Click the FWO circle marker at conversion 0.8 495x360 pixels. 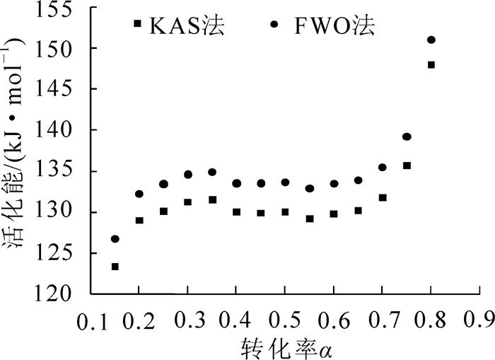pos(431,40)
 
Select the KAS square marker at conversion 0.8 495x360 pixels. pos(431,64)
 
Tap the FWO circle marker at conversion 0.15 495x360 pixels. pos(115,239)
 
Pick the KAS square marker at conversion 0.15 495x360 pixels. pos(115,267)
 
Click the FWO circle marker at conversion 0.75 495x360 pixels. pos(407,137)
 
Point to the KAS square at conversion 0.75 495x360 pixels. pos(407,166)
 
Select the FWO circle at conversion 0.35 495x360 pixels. pos(212,172)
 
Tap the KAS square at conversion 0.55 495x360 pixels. pos(310,219)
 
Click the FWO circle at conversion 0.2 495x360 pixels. pos(139,194)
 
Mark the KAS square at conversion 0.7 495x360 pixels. pos(383,197)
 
